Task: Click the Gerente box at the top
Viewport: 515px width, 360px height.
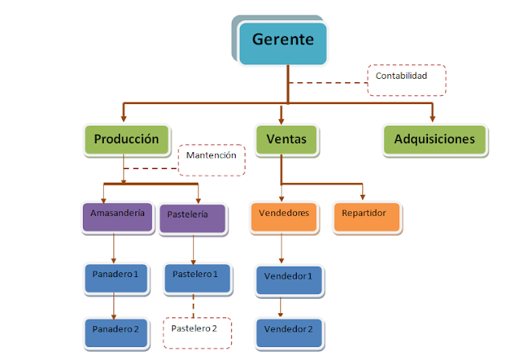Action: click(x=282, y=41)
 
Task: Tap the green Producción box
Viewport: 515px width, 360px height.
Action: click(x=127, y=139)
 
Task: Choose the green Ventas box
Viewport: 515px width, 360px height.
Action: click(x=281, y=139)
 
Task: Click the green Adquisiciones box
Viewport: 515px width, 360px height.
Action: click(x=435, y=139)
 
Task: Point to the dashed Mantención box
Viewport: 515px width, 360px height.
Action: click(x=211, y=159)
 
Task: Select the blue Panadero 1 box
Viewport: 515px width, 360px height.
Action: click(x=116, y=276)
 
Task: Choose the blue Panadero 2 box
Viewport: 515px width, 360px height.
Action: click(x=116, y=330)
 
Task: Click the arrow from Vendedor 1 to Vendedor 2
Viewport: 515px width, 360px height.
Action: click(x=281, y=306)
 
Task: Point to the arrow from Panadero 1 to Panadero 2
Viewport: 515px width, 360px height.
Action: click(x=114, y=304)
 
